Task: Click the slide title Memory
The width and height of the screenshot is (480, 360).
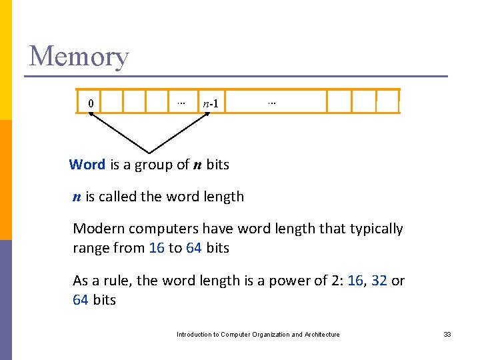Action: point(79,56)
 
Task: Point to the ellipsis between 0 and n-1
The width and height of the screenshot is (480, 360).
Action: point(179,102)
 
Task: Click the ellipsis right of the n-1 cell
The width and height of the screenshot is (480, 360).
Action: point(271,102)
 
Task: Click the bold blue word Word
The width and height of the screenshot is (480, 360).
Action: point(87,165)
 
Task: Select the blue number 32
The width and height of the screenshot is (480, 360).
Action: point(379,281)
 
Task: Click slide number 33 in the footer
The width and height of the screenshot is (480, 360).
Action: point(447,335)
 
